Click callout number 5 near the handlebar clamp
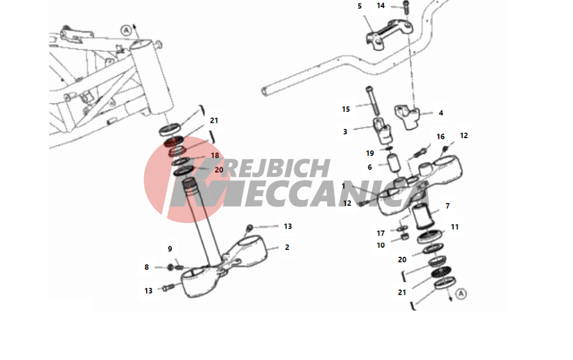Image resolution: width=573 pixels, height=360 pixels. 360,6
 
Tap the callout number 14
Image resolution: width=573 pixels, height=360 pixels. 380,6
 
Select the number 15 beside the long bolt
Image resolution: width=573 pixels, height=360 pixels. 346,109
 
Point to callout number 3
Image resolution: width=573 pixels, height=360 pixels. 345,132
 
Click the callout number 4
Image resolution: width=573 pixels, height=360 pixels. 441,113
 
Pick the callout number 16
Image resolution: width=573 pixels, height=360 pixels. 440,136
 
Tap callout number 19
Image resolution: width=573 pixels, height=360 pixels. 370,153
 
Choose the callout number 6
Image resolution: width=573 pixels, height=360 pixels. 370,167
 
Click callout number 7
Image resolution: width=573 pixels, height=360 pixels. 448,206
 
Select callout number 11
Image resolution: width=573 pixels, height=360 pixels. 454,227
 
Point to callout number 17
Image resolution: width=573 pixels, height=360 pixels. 381,233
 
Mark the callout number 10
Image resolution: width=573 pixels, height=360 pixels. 381,245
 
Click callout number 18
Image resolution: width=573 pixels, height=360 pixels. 215,155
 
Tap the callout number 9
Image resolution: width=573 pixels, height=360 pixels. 170,249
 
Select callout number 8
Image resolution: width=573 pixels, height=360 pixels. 147,267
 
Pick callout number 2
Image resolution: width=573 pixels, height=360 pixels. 287,248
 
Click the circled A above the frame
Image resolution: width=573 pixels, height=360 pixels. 126,30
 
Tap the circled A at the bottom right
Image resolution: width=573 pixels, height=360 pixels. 461,294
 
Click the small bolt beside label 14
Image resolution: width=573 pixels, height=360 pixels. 406,7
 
